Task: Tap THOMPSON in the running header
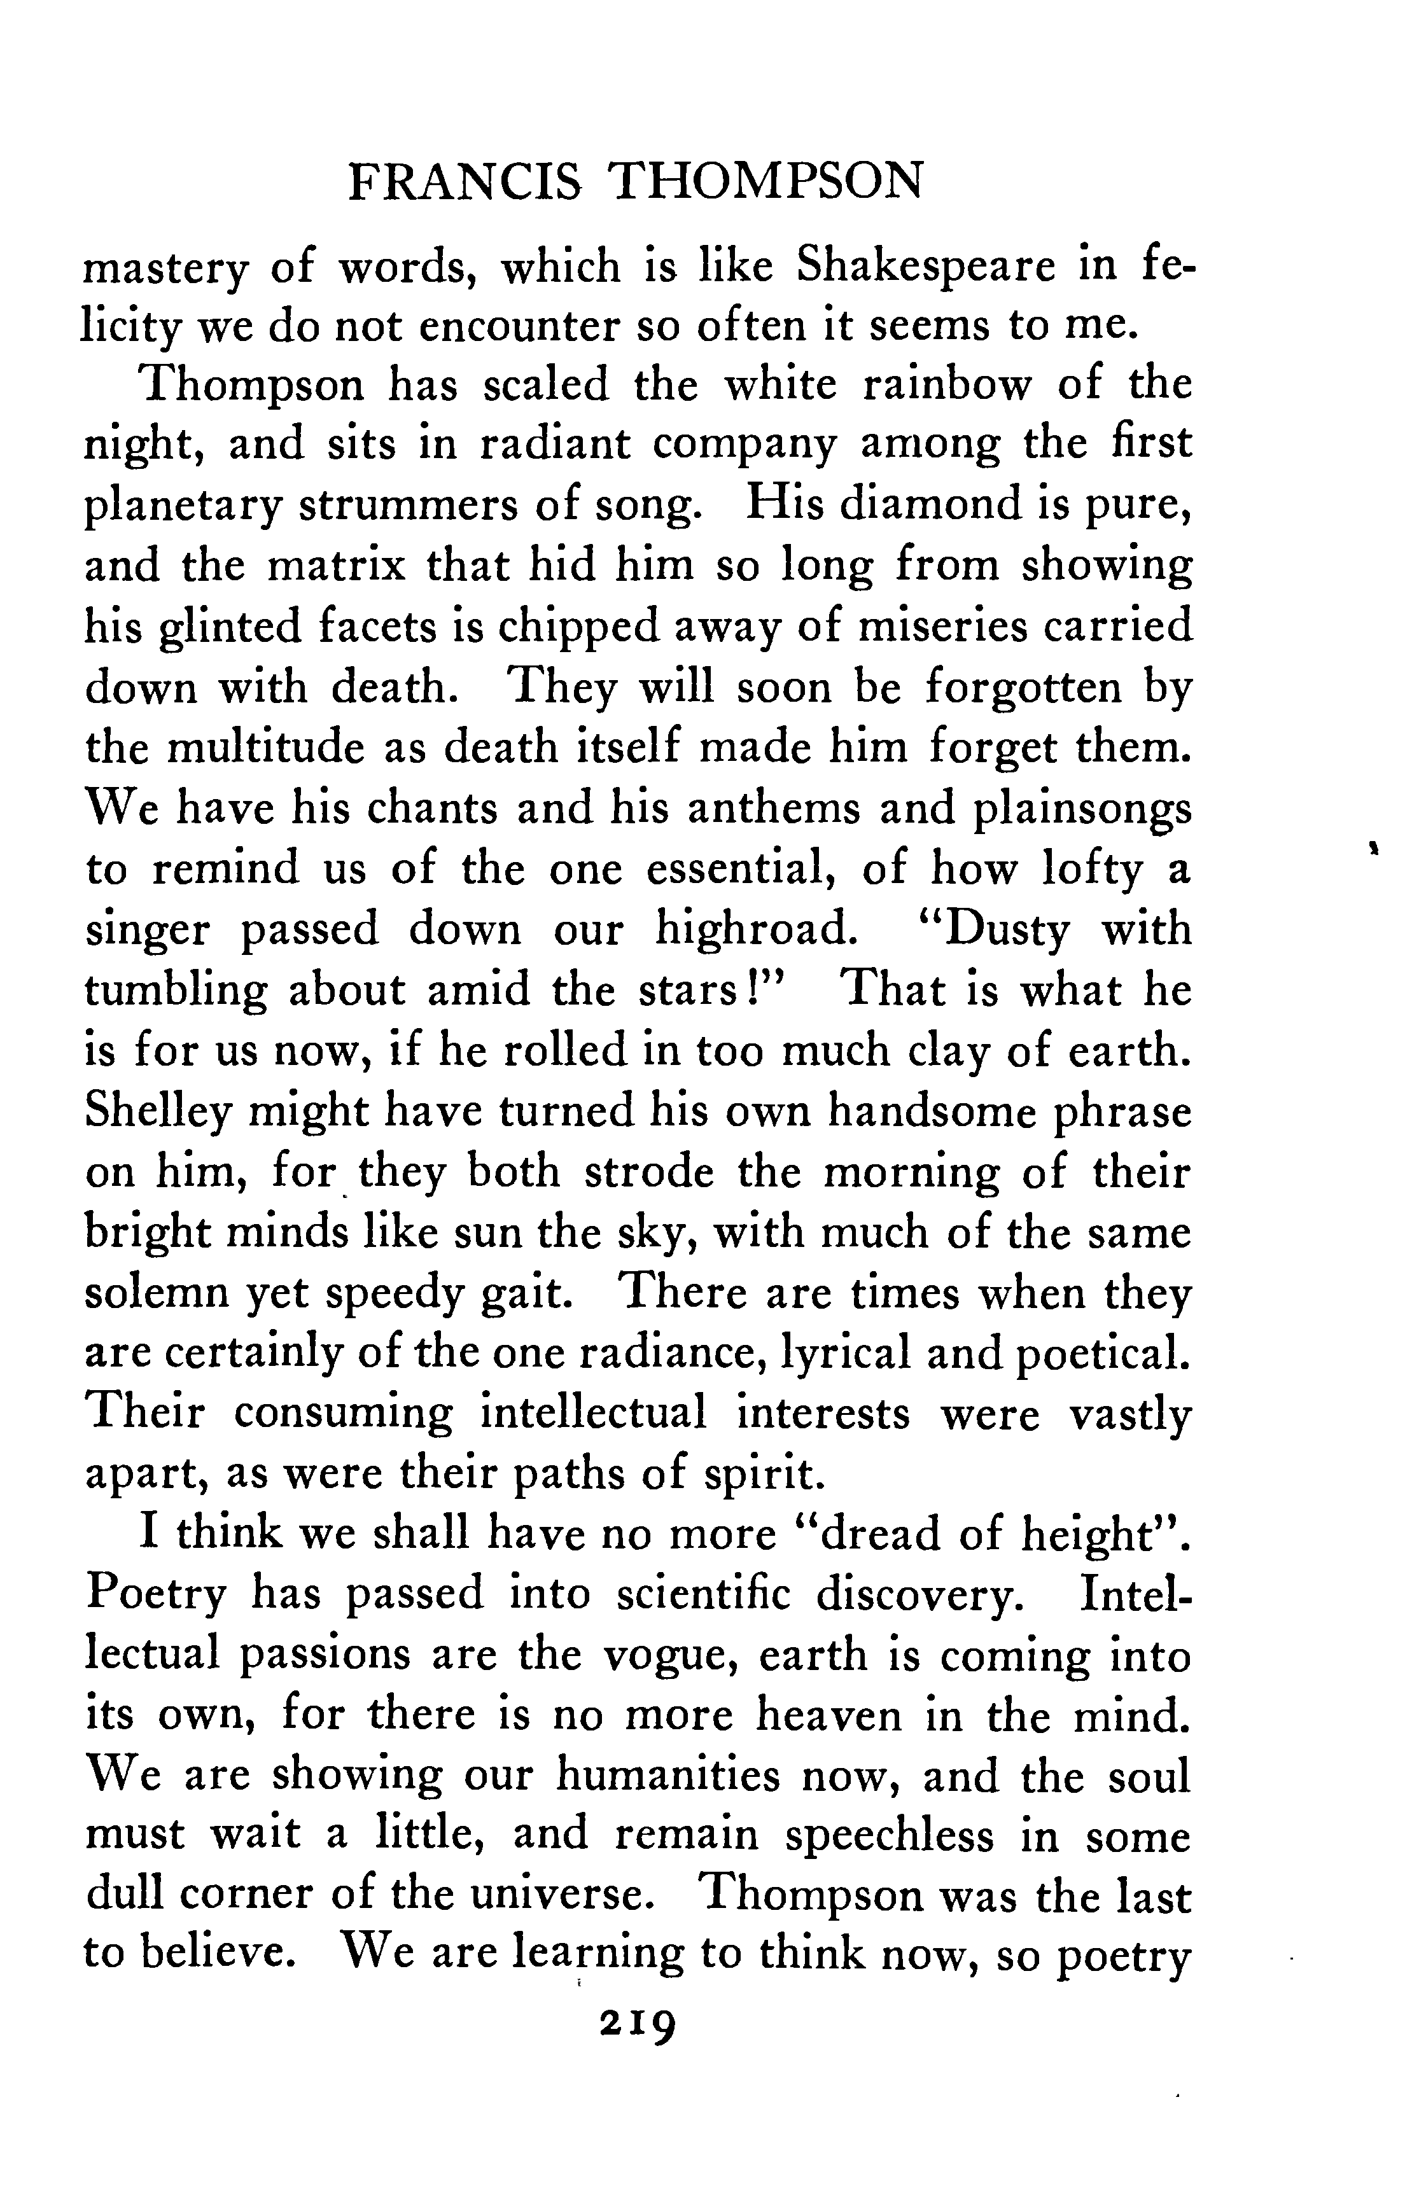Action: (x=766, y=181)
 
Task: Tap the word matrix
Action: (x=335, y=566)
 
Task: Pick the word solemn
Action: (x=158, y=1293)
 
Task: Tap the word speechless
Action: (x=890, y=1837)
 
